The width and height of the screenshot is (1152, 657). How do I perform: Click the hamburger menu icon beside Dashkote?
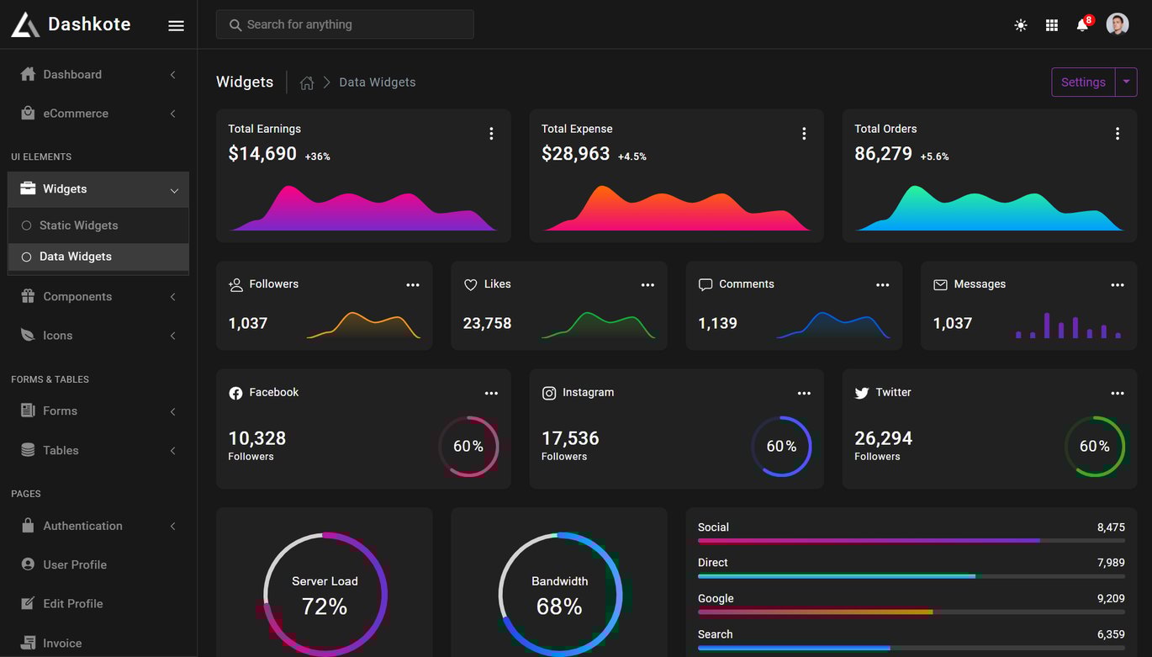[176, 25]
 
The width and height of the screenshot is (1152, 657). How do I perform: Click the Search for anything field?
[345, 24]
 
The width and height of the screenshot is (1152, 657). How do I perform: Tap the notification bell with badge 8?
[1083, 24]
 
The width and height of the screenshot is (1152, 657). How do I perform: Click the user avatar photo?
[1117, 24]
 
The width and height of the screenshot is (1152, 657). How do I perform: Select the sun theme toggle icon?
[1020, 24]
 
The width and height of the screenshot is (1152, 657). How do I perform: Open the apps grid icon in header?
[1052, 24]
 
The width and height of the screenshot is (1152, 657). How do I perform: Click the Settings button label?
[1083, 82]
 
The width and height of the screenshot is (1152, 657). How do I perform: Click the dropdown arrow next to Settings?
[1126, 82]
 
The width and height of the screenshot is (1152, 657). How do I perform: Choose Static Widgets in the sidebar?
[79, 225]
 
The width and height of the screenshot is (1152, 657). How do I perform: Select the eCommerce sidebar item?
[76, 114]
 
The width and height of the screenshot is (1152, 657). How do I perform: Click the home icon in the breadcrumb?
[307, 82]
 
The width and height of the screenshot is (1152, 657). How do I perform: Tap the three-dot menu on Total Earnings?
[491, 134]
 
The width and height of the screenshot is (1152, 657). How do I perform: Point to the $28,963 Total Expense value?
[575, 153]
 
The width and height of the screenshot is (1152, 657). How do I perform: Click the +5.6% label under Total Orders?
[934, 156]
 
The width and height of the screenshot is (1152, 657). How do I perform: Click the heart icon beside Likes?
[470, 284]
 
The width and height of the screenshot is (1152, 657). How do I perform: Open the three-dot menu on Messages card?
[1117, 284]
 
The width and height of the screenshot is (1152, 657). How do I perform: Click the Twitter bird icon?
[861, 393]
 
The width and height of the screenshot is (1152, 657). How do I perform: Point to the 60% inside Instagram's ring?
[781, 446]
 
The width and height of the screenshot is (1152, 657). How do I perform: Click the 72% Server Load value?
[325, 606]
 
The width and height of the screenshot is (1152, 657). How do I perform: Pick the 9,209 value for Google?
[1111, 598]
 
